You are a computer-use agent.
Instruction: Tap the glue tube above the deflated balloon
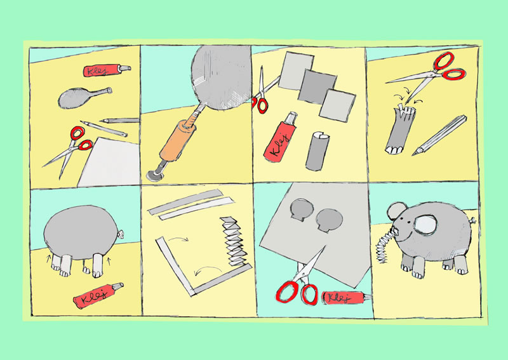[x=107, y=70]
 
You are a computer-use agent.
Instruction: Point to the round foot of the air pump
[x=155, y=176]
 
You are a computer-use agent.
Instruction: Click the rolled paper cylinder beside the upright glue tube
[x=317, y=151]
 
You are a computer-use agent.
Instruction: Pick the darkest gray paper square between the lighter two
[x=317, y=86]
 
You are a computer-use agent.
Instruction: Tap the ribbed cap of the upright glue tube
[x=291, y=117]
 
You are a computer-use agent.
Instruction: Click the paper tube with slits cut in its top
[x=399, y=130]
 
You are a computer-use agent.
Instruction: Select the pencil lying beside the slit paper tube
[x=439, y=135]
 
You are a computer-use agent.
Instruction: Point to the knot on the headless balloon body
[x=121, y=233]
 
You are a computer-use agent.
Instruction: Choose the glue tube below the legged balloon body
[x=98, y=295]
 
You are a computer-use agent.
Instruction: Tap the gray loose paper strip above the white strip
[x=185, y=202]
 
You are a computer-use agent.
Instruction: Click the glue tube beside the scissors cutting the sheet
[x=347, y=298]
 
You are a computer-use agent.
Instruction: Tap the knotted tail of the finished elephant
[x=473, y=221]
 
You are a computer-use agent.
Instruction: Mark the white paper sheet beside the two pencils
[x=110, y=163]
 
